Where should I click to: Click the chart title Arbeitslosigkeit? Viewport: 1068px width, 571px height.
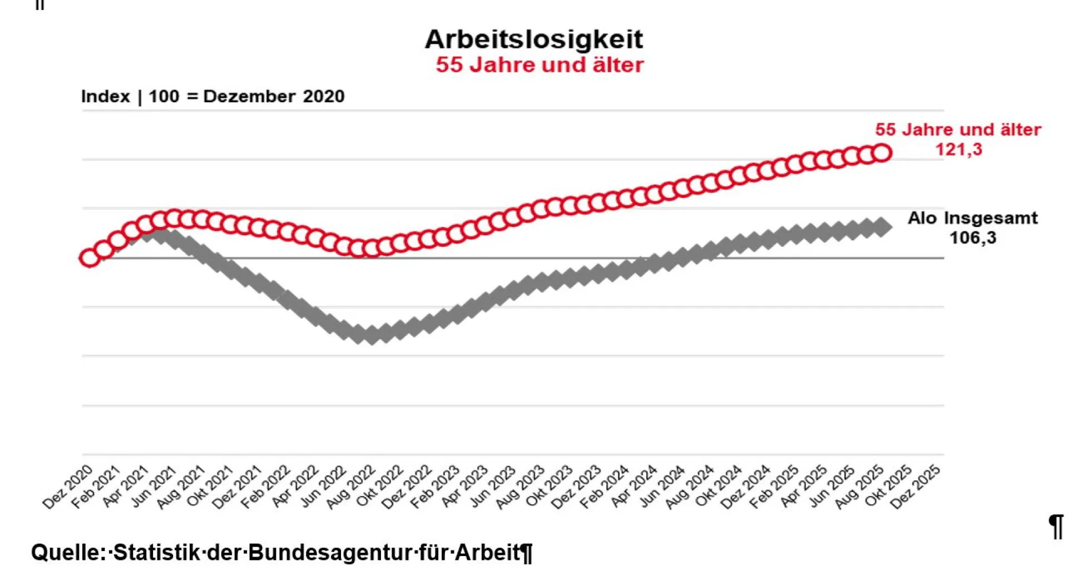point(533,39)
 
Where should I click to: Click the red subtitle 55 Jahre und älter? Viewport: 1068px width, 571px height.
point(539,65)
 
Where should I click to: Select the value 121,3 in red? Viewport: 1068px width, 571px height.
point(958,150)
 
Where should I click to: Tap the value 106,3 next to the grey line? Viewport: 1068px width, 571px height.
point(972,238)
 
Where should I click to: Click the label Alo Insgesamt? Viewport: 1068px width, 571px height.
point(972,218)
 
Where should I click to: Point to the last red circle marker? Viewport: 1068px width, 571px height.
point(882,152)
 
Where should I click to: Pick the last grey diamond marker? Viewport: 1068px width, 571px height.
point(882,227)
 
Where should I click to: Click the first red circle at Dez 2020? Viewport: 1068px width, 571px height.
point(89,258)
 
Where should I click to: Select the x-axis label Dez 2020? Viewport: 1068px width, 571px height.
point(68,488)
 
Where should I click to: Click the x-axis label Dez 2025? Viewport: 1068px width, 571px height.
point(916,488)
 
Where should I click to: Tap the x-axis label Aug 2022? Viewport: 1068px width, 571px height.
point(351,488)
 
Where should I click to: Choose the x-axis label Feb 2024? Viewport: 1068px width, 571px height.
point(605,488)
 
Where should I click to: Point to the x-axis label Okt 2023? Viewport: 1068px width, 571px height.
point(549,488)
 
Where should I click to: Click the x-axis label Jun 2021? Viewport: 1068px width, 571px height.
point(154,488)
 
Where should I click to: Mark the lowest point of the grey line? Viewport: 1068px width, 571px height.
point(372,335)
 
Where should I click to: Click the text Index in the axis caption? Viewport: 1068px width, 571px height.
point(105,96)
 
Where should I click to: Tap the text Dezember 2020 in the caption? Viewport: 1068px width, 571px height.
point(274,96)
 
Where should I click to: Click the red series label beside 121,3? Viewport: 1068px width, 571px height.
point(957,130)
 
